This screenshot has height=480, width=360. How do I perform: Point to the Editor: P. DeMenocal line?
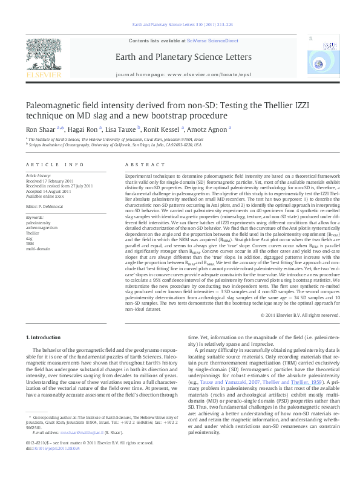[x=46, y=206]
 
